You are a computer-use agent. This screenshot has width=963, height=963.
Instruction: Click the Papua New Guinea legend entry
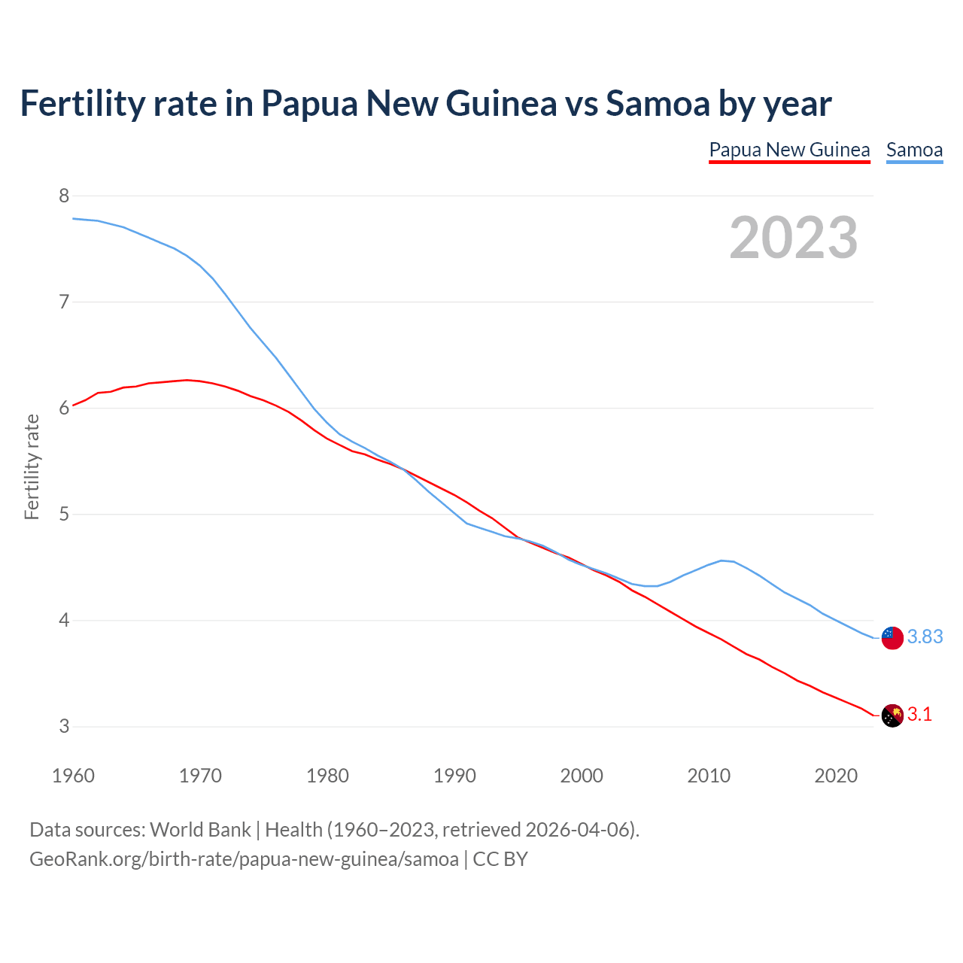tap(789, 150)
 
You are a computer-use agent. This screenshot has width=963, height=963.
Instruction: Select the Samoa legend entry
tap(914, 150)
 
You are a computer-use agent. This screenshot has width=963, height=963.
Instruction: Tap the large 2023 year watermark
tap(793, 238)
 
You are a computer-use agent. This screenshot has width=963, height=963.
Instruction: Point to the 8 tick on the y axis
tap(64, 196)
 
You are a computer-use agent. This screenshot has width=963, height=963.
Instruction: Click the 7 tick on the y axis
tap(64, 302)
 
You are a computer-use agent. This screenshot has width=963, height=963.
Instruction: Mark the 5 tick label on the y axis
tap(64, 515)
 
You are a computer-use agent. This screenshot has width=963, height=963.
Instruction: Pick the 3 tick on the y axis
tap(64, 727)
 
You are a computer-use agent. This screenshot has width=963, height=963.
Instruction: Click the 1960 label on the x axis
tap(73, 776)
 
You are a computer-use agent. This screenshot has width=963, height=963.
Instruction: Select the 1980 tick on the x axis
tap(327, 776)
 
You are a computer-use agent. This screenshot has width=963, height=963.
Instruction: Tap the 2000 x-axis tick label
tap(582, 776)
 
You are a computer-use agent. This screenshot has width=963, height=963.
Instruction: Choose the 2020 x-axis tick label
tap(836, 776)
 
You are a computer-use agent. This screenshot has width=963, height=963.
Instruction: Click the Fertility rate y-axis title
tap(32, 466)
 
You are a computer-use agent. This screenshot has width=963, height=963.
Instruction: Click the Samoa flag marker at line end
tap(892, 637)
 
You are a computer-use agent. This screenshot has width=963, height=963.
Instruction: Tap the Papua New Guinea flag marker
tap(892, 715)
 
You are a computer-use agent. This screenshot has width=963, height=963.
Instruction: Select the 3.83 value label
tap(925, 637)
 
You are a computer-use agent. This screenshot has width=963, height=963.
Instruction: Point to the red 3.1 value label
tap(919, 715)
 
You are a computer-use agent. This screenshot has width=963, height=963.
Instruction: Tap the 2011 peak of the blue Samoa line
tap(722, 560)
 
